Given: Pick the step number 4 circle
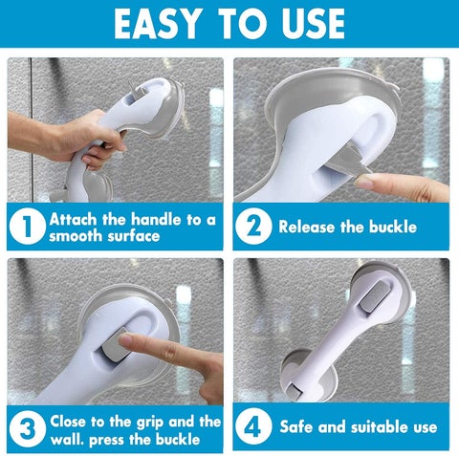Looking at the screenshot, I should (255, 427).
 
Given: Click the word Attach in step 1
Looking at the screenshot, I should (76, 219).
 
